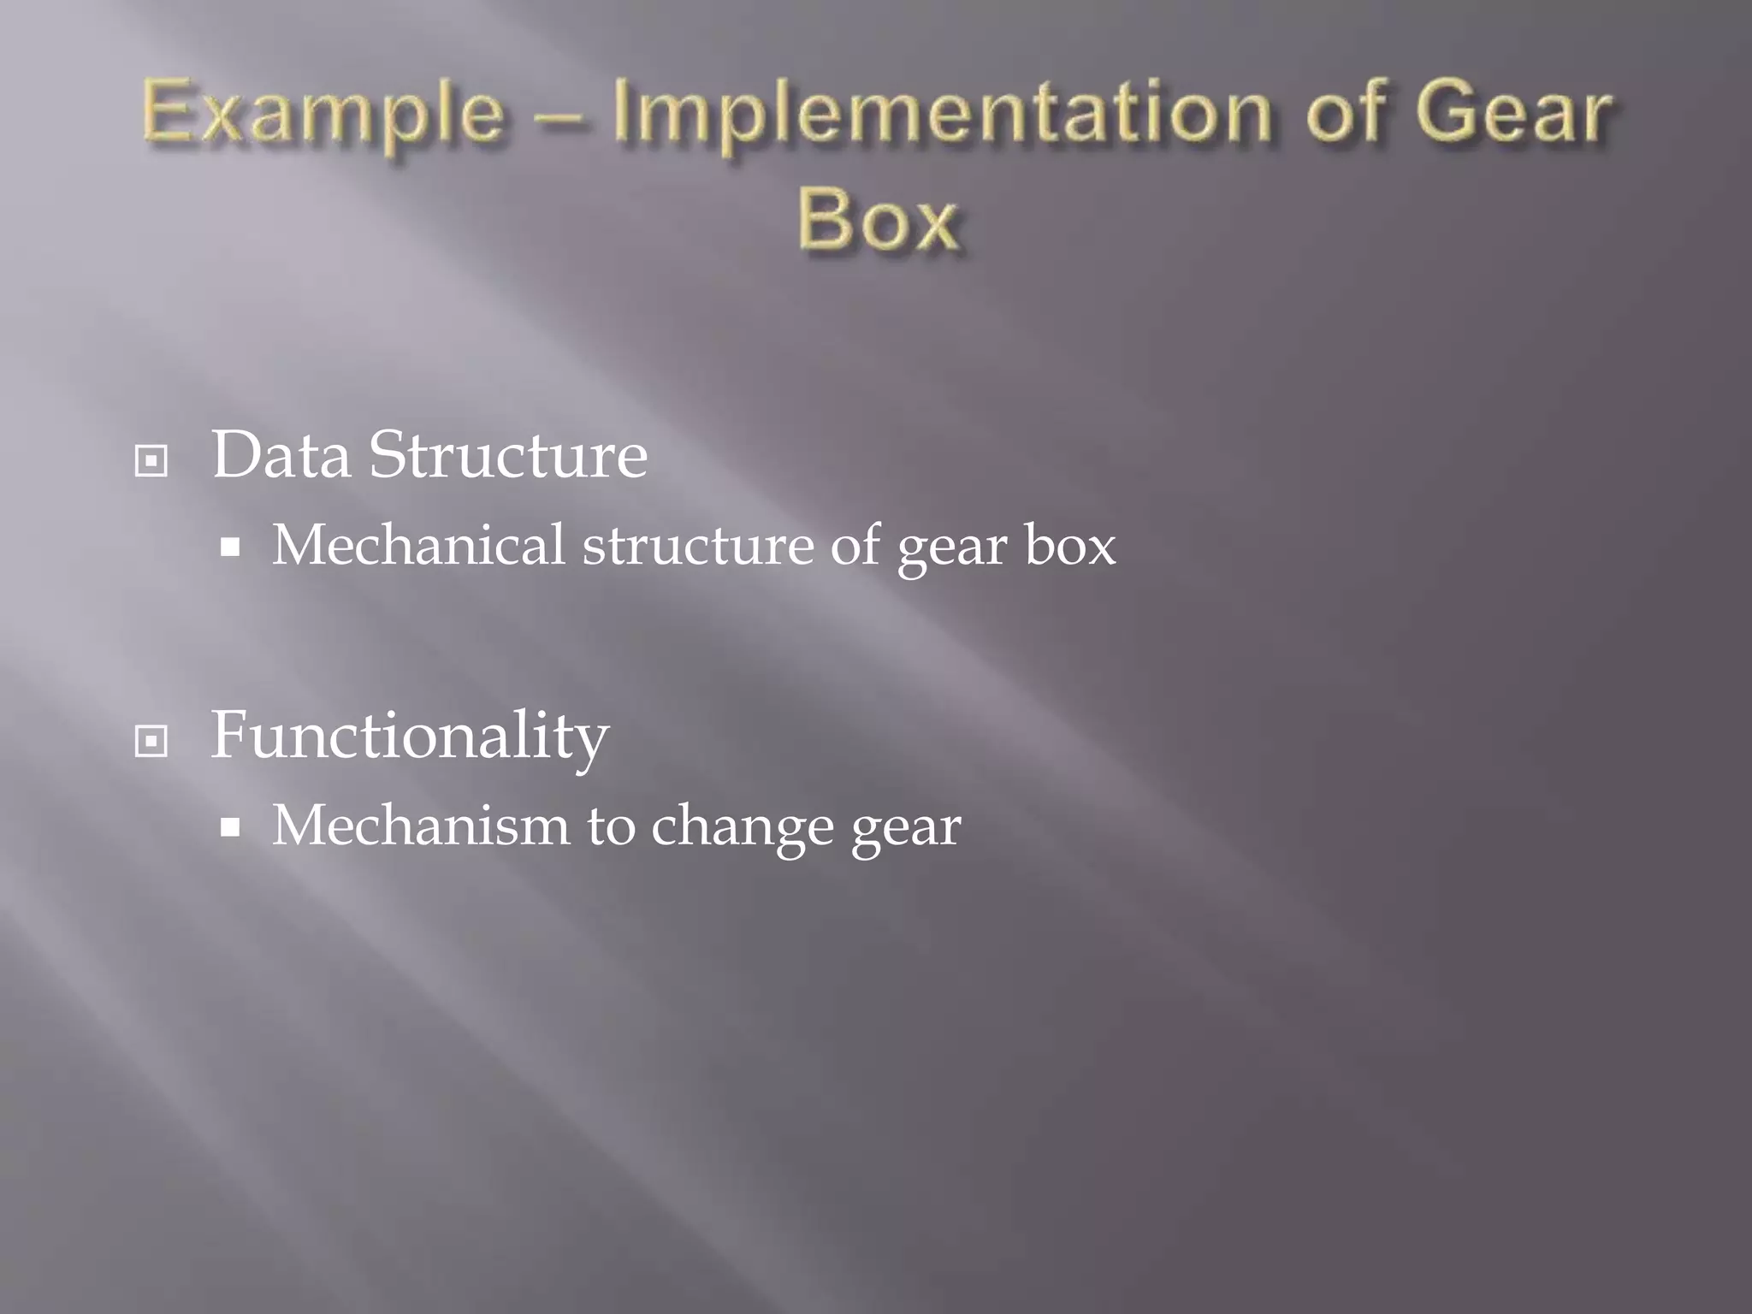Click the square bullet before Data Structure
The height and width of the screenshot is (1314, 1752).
pyautogui.click(x=151, y=461)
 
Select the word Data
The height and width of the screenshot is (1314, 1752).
pyautogui.click(x=281, y=454)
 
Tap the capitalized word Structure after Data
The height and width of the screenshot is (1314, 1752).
pyautogui.click(x=508, y=454)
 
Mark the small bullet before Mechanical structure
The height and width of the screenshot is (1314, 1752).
pyautogui.click(x=229, y=547)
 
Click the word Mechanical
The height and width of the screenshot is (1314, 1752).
pyautogui.click(x=418, y=545)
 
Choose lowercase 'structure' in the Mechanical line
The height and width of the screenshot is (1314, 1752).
pyautogui.click(x=698, y=545)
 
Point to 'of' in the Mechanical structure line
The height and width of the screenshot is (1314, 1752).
pyautogui.click(x=855, y=545)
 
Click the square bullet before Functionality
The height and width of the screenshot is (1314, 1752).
pyautogui.click(x=151, y=741)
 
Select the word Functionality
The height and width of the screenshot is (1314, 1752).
pyautogui.click(x=410, y=736)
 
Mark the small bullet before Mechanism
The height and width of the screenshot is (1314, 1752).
pyautogui.click(x=229, y=827)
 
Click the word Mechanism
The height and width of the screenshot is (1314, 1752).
pyautogui.click(x=420, y=826)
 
